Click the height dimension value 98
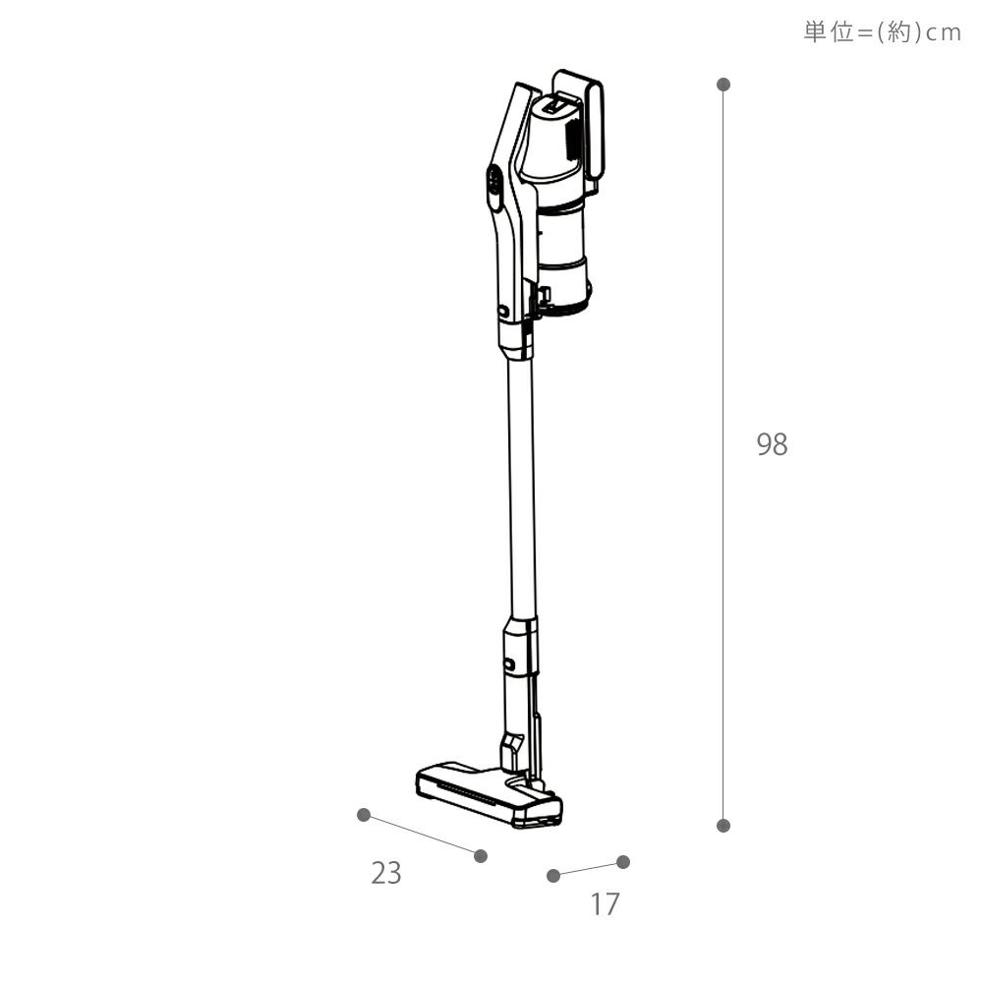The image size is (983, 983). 772,444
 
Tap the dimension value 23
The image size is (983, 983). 385,873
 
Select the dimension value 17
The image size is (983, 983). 605,904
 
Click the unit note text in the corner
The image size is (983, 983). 882,32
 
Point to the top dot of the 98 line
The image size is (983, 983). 723,84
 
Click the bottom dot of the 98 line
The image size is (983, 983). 723,825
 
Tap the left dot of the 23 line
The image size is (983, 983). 363,814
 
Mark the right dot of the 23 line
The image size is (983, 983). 481,856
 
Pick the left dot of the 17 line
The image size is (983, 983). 552,875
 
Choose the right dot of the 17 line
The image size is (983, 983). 623,862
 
